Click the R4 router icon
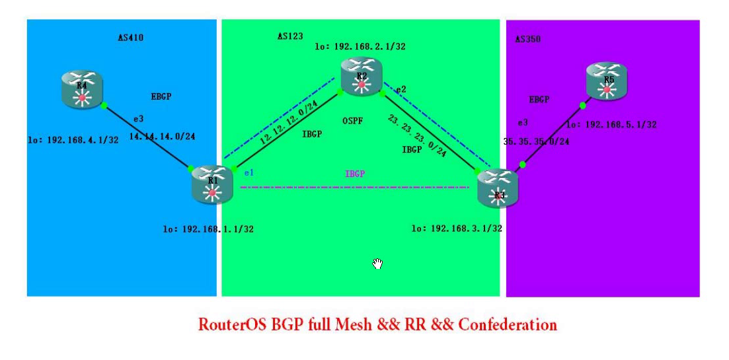point(83,90)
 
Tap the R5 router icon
point(606,81)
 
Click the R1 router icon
point(212,184)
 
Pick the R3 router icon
point(498,189)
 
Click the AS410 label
point(131,38)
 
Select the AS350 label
point(527,40)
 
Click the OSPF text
point(353,122)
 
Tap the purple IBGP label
point(355,174)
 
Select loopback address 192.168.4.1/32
point(73,139)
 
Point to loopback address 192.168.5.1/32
point(611,124)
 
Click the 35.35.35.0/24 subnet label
point(536,141)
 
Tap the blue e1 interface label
point(249,173)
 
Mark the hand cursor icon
point(377,264)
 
